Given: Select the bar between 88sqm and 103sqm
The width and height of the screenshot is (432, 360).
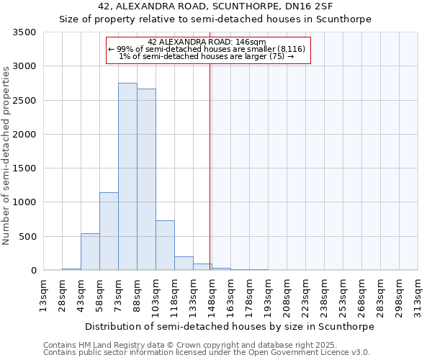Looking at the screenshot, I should pos(146,179).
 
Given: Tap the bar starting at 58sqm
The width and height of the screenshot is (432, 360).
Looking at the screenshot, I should pos(109,231).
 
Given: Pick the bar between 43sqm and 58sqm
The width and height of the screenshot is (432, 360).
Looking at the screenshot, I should pos(90,252).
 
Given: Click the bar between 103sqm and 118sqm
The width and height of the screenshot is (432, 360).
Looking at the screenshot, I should pos(165,246).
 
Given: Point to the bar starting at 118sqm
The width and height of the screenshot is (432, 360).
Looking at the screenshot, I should pos(184,264).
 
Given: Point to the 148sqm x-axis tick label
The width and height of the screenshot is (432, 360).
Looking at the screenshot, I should pos(212,295).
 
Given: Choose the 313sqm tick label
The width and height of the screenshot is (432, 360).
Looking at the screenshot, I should pos(418,295).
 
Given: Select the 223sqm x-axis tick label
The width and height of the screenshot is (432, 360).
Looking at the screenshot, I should pos(305,295).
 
